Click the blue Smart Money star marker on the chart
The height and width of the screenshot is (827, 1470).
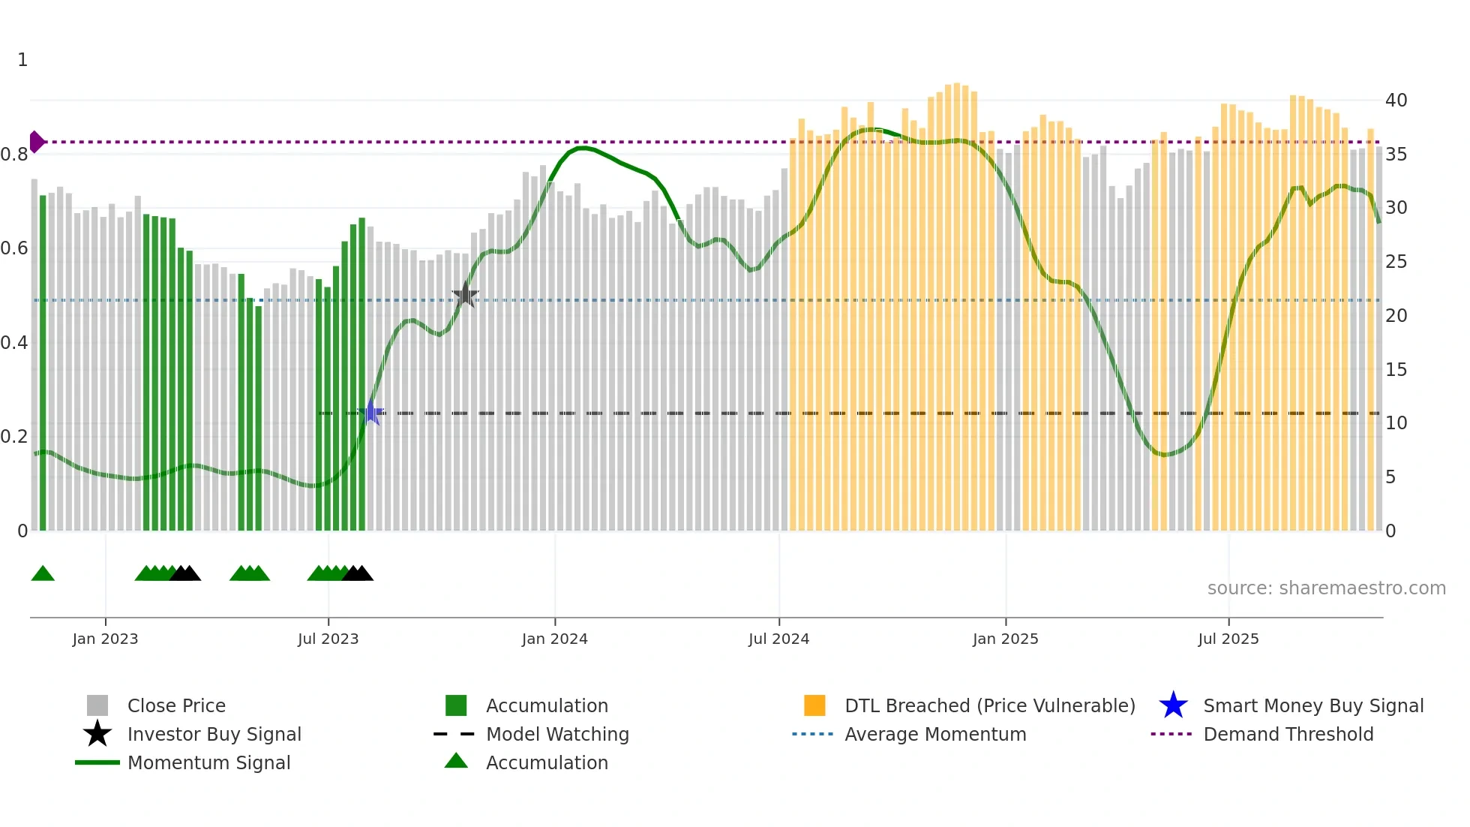coord(370,413)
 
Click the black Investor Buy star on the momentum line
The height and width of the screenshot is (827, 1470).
coord(465,295)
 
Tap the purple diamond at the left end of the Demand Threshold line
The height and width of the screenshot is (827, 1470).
coord(36,142)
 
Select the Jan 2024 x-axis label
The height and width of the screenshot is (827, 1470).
coord(554,639)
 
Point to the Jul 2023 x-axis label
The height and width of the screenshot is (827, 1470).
coord(328,639)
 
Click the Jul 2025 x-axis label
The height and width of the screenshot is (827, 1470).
coord(1228,639)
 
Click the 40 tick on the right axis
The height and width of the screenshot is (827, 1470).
coord(1396,100)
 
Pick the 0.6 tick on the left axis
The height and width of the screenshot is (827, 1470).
coord(14,248)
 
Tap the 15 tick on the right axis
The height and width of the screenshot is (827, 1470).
coord(1396,369)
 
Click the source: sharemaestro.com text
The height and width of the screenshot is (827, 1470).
coord(1326,588)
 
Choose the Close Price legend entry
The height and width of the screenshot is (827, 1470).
coord(175,705)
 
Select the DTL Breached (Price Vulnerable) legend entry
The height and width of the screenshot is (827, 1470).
coord(989,705)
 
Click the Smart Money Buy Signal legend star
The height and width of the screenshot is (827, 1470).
coord(1173,705)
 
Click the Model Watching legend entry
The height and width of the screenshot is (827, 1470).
coord(556,734)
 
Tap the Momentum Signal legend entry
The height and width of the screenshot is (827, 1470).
coord(208,762)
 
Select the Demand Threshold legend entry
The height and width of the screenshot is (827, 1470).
coord(1288,734)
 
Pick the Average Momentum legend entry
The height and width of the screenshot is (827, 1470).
coord(934,734)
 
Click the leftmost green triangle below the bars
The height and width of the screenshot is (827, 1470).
coord(43,574)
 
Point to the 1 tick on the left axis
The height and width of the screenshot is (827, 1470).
coord(22,60)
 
